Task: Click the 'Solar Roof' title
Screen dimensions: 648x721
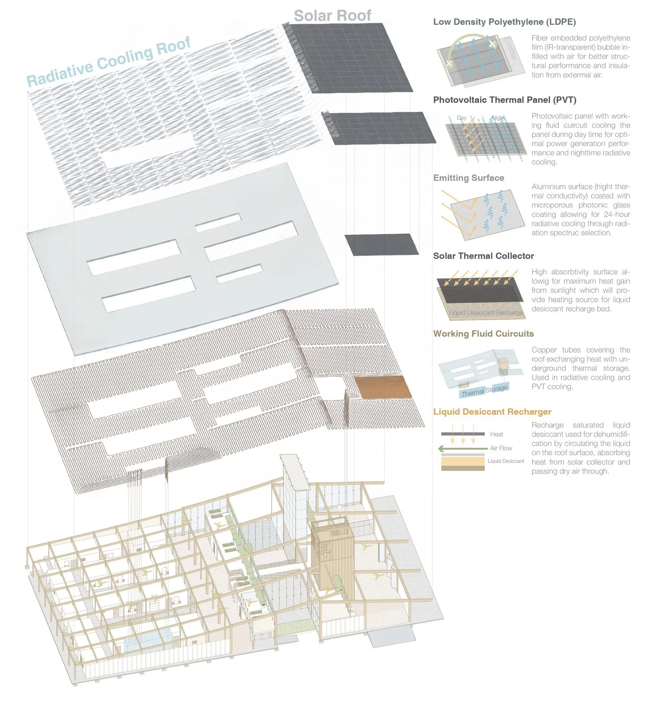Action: coord(332,16)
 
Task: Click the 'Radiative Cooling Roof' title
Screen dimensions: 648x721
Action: coord(109,61)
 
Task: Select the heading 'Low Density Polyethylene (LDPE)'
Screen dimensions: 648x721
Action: coord(504,22)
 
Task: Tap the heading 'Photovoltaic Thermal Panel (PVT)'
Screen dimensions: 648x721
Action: coord(504,100)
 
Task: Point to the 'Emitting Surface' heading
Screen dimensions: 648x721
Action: coord(468,178)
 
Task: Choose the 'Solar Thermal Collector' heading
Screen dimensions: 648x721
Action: coord(483,256)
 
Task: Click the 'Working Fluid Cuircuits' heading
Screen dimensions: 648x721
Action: coord(483,334)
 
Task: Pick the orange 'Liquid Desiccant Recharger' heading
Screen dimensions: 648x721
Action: coord(492,412)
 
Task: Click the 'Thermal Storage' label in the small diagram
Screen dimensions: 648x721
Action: coord(484,391)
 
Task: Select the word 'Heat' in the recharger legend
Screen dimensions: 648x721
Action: coord(496,434)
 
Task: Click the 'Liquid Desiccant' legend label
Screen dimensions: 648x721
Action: coord(506,461)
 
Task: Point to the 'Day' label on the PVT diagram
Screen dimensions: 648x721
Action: coord(461,118)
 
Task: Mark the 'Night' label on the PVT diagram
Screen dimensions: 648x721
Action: coord(498,118)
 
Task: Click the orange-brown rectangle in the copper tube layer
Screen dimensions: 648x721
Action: coord(382,387)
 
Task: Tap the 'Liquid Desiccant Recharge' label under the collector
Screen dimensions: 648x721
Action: coord(486,313)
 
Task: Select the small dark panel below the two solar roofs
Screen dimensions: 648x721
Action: coord(381,244)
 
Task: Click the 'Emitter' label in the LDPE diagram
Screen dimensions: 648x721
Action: coord(510,49)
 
